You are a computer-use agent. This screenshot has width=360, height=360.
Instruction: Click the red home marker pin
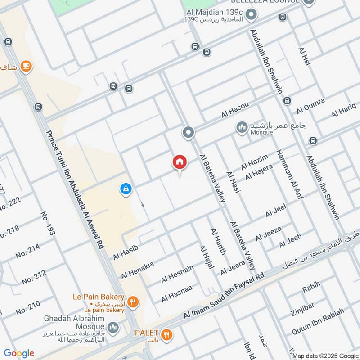click(180, 162)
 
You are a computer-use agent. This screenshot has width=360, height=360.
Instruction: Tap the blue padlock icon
click(126, 189)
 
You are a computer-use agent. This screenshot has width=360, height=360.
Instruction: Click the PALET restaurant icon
click(167, 334)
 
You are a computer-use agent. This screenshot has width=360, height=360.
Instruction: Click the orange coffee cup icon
click(26, 67)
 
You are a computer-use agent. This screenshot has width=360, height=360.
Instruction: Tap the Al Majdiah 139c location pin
click(252, 16)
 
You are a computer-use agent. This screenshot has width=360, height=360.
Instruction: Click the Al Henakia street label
click(137, 269)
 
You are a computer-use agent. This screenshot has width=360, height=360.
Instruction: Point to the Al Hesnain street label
click(177, 274)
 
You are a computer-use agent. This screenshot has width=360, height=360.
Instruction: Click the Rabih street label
click(311, 285)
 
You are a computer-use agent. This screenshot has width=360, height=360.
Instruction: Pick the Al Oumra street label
click(310, 106)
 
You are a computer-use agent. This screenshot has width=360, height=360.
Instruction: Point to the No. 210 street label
click(27, 305)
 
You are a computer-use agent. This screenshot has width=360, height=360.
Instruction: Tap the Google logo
click(18, 353)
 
